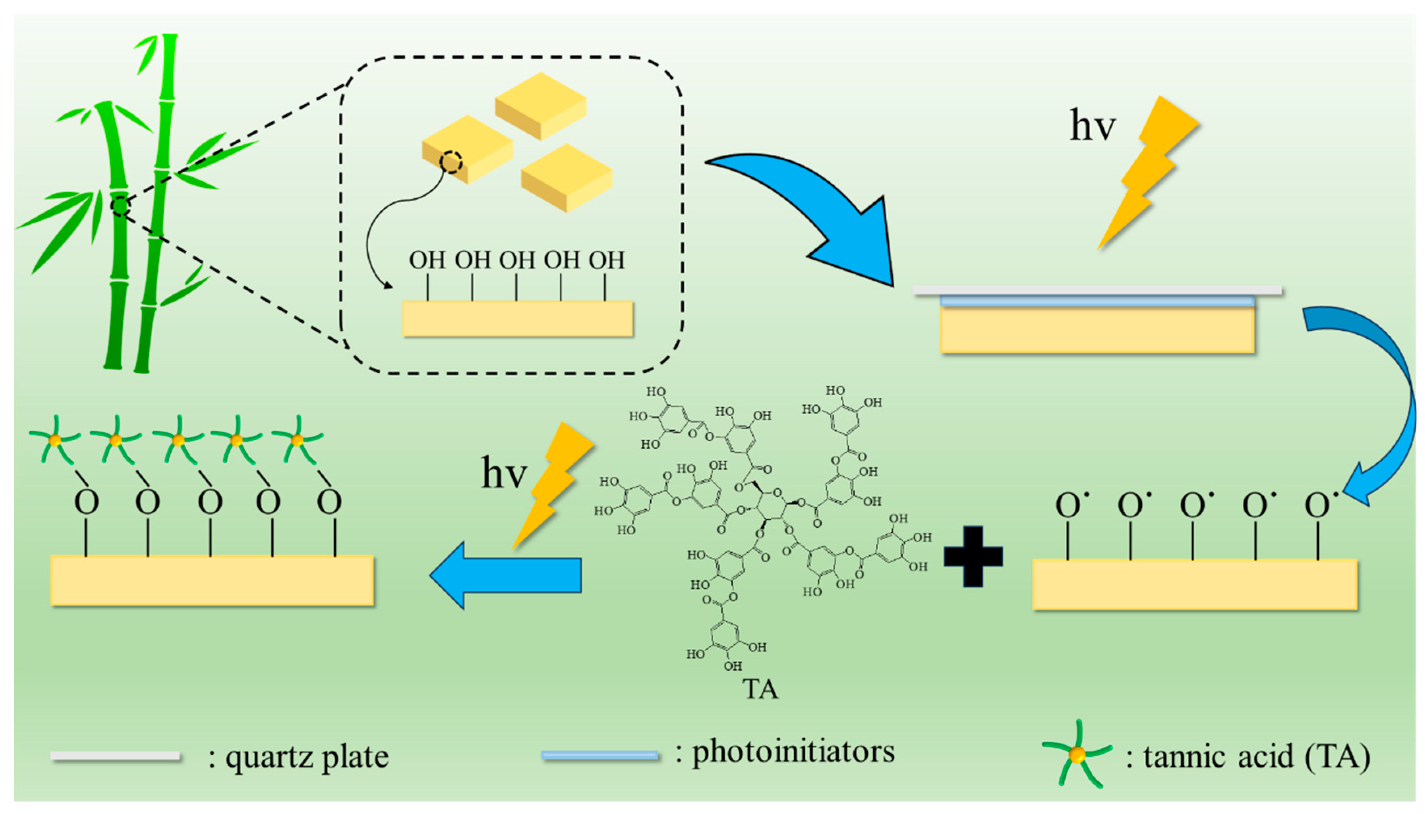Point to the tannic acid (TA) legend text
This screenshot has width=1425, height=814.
coord(1256,756)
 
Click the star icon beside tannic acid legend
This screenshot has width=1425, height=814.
coord(1077,755)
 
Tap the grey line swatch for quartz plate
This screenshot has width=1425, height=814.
coord(115,756)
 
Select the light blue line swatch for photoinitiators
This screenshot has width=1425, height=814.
coord(600,756)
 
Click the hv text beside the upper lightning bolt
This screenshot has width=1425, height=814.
coord(1092,126)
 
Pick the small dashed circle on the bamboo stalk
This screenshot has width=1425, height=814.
coord(120,206)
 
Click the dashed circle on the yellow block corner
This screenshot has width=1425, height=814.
coord(450,162)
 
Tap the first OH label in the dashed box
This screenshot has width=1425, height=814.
coord(427,260)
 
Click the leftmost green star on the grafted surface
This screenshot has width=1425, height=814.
coord(55,441)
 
